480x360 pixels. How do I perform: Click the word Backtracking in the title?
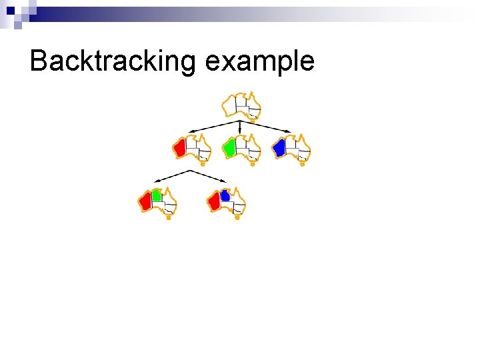(112, 61)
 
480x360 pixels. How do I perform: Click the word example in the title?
(260, 61)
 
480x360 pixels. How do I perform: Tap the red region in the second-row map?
(179, 148)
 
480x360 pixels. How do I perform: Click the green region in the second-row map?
(229, 147)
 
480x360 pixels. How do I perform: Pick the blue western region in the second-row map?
(279, 147)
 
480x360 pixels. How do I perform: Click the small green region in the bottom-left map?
(157, 195)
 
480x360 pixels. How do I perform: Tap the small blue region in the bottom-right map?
(225, 195)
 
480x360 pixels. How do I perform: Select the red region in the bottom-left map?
(145, 201)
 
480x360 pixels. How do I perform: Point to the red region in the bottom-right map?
(214, 201)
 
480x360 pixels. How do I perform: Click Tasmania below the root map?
(253, 122)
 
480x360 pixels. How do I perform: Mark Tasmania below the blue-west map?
(303, 163)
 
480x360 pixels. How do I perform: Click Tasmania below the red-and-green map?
(169, 217)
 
